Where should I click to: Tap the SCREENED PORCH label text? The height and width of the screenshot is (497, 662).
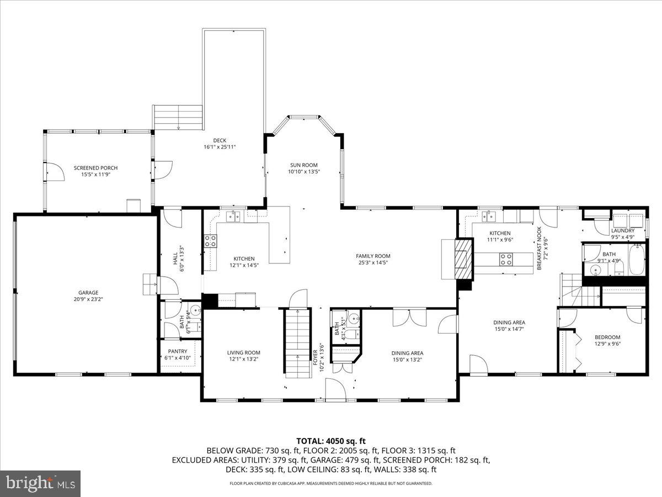click(x=96, y=168)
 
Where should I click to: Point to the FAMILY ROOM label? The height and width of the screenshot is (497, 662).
click(x=373, y=256)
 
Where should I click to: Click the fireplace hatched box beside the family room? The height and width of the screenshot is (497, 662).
click(x=463, y=259)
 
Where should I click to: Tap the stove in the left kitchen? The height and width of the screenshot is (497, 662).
click(x=211, y=240)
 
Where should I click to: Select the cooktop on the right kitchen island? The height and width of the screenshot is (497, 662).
click(x=506, y=259)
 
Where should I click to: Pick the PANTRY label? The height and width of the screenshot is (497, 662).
click(x=178, y=351)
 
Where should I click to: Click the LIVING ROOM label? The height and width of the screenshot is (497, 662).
click(x=243, y=352)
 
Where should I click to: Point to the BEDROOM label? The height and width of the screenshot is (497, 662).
click(x=607, y=337)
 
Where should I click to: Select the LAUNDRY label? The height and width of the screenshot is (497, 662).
click(x=623, y=230)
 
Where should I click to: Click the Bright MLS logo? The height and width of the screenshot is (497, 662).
click(x=40, y=483)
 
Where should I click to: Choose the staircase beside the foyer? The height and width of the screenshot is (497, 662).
click(x=298, y=342)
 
